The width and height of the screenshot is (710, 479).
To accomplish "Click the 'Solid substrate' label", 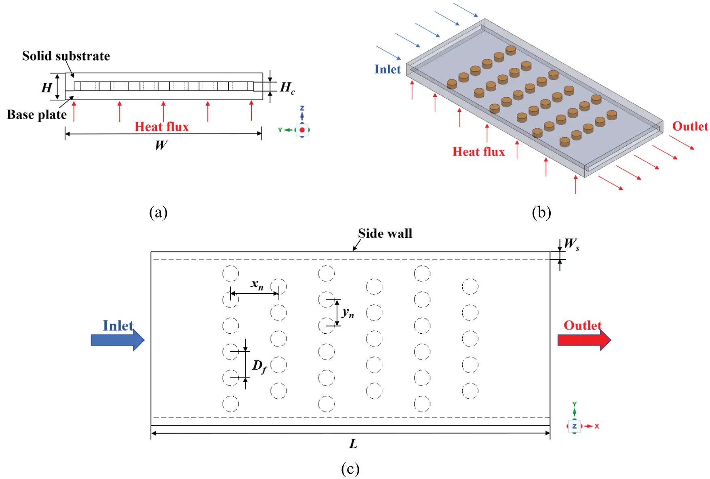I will click(66, 56).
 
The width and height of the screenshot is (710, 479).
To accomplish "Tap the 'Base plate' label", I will click(37, 115).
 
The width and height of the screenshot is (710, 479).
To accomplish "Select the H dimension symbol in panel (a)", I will click(47, 87).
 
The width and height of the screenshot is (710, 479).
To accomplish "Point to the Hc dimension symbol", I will click(287, 87).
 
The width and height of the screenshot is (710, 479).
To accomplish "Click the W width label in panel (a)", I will click(161, 145).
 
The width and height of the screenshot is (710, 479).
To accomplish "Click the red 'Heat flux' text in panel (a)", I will click(162, 127).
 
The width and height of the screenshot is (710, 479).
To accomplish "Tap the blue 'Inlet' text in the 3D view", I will click(387, 69).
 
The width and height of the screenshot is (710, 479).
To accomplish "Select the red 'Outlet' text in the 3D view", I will click(690, 126).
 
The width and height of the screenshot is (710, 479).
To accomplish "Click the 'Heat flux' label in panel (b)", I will click(478, 152).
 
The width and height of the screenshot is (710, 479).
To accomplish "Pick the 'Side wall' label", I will click(385, 233).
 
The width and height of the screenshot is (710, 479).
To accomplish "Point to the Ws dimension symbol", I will click(571, 244).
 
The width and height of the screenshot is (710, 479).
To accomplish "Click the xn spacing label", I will click(257, 284).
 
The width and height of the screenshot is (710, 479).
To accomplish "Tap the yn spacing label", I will click(348, 313).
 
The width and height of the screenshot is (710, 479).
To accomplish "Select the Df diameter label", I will click(259, 366).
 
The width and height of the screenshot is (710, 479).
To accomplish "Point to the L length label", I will click(353, 444).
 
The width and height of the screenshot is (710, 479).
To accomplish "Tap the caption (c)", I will click(350, 469).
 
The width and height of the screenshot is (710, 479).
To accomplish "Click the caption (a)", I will click(158, 212).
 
